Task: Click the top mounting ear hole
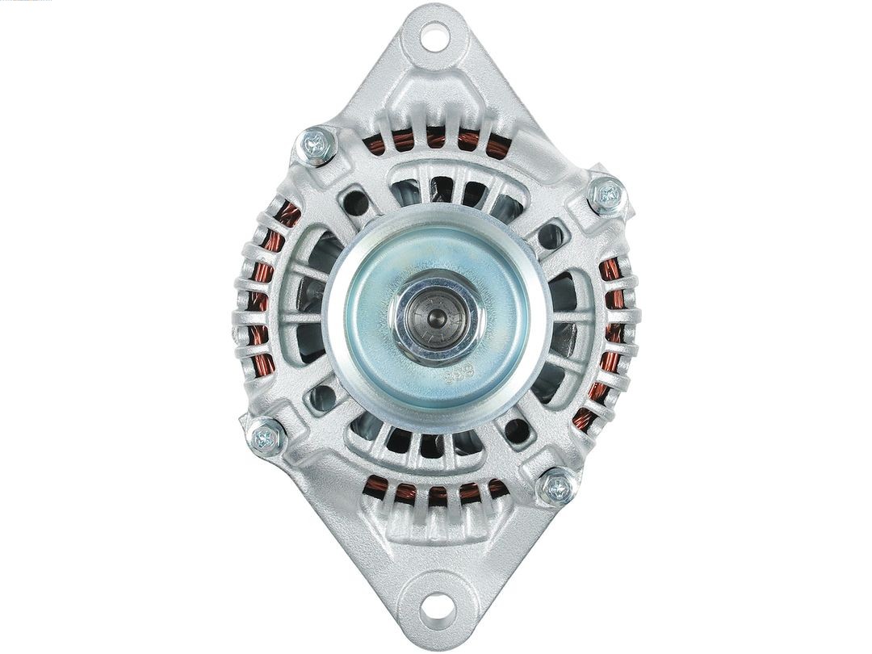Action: point(434,36)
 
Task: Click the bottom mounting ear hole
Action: point(434,605)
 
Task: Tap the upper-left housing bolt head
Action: point(317,146)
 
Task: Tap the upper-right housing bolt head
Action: point(606,195)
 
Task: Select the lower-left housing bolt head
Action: point(266,438)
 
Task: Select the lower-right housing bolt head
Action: point(556,487)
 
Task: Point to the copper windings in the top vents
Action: point(436,141)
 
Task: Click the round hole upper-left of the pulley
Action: point(354,203)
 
